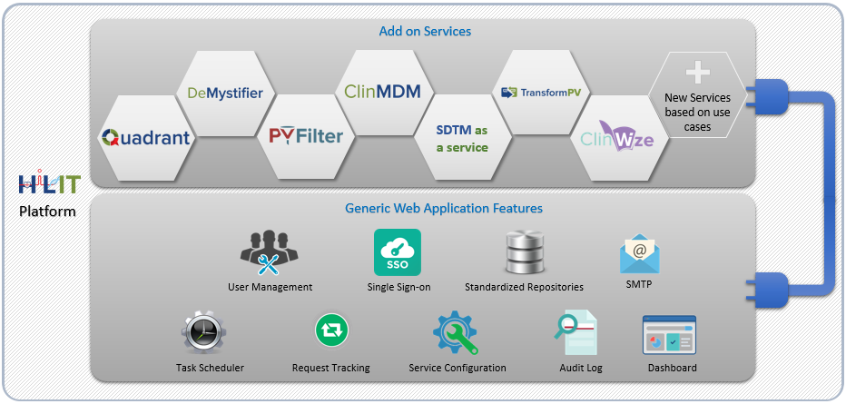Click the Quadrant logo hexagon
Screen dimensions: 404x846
[x=146, y=138]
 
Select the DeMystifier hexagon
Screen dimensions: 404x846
[x=225, y=93]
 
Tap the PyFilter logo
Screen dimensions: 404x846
[x=306, y=136]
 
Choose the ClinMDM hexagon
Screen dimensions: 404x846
[x=382, y=91]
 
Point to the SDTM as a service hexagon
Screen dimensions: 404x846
[x=462, y=139]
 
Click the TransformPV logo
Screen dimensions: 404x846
[x=542, y=93]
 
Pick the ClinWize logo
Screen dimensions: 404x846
[x=617, y=140]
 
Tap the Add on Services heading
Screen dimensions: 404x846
[x=425, y=32]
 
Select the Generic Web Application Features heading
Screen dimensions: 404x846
[x=444, y=209]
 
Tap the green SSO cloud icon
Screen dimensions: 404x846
[x=398, y=252]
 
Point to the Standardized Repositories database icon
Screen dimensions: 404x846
[x=524, y=253]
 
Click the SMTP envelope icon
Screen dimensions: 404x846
[x=639, y=253]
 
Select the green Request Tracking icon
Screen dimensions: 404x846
[x=330, y=330]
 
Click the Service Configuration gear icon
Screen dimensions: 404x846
[x=455, y=332]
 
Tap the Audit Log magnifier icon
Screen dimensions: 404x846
[x=575, y=332]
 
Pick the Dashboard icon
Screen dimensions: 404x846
[x=669, y=334]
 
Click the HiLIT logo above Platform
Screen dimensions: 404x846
[x=49, y=183]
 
